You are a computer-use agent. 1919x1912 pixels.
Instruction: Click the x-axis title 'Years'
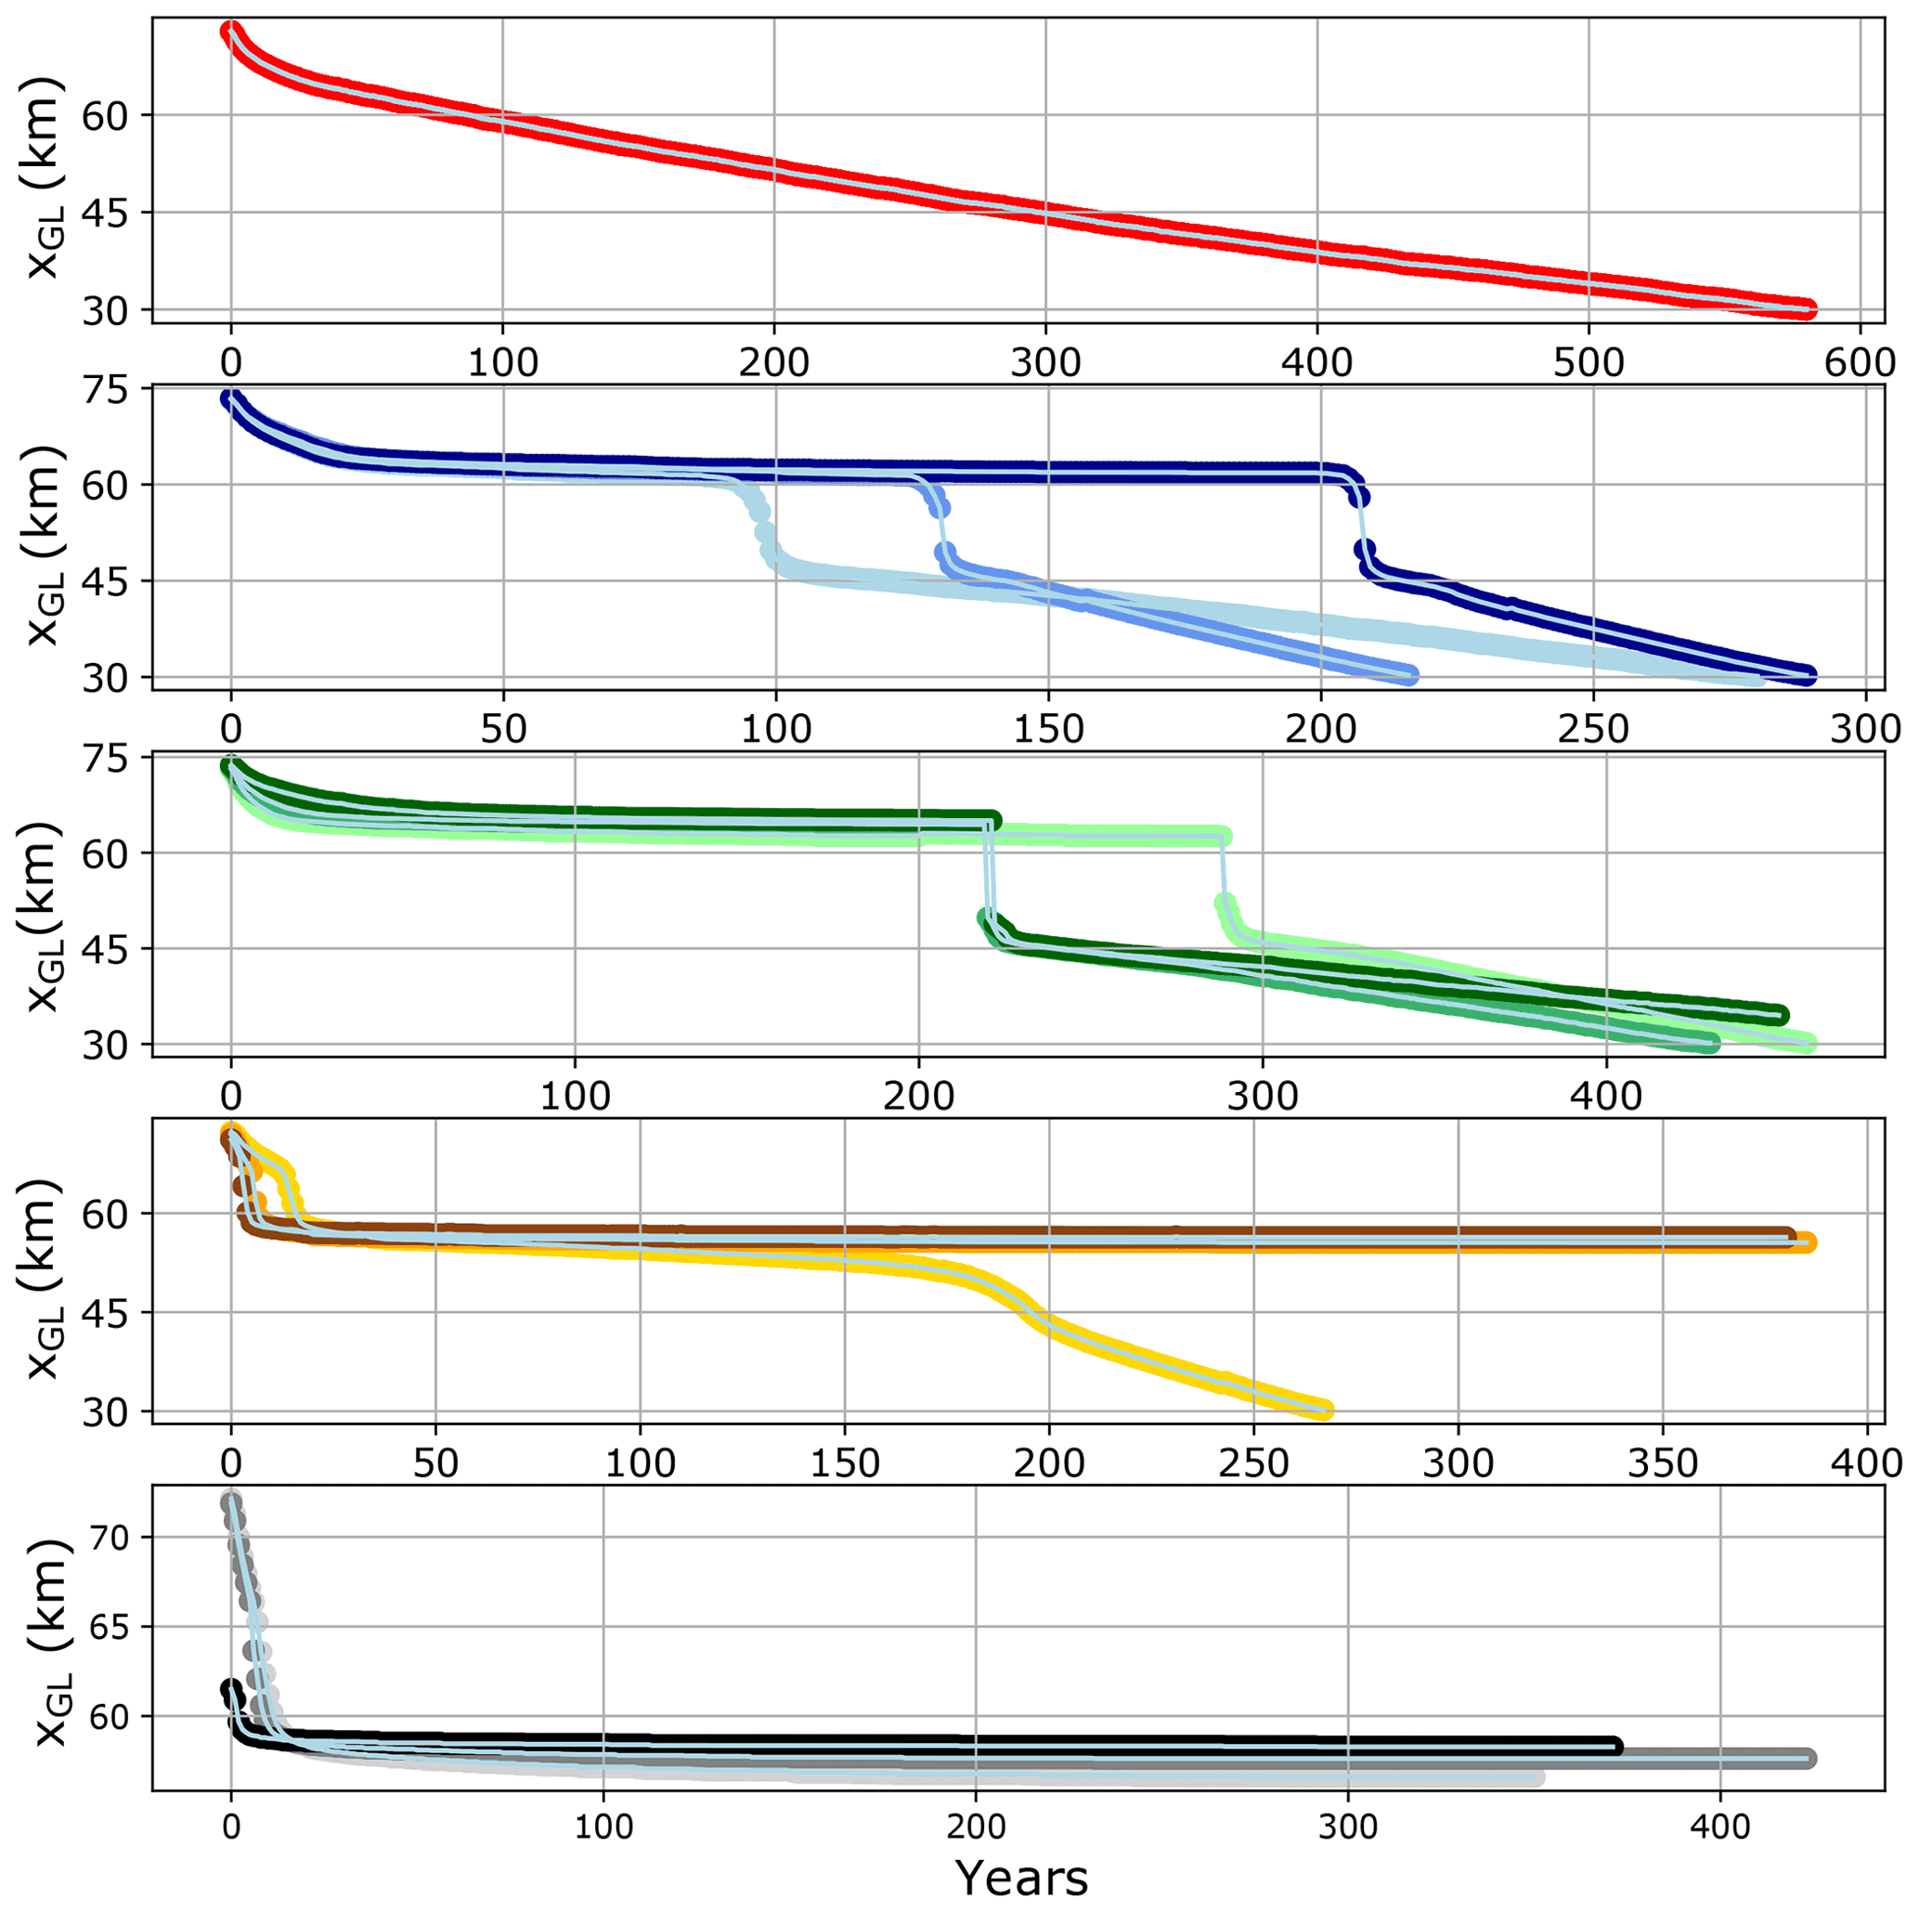point(1021,1878)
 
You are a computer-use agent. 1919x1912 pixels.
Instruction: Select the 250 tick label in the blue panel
point(1593,728)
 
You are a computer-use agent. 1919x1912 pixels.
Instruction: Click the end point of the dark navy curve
point(1808,675)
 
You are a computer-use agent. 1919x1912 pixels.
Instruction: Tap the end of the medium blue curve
point(1409,675)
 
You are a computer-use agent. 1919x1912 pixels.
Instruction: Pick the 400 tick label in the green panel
point(1606,1096)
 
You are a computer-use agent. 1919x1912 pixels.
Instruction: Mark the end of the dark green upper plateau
point(992,819)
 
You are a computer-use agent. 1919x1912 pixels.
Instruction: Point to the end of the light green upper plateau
point(1224,837)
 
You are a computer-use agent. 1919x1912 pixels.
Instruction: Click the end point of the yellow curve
point(1324,1409)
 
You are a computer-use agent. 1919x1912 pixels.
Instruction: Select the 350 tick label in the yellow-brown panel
point(1663,1463)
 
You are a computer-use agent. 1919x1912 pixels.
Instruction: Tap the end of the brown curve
point(1786,1235)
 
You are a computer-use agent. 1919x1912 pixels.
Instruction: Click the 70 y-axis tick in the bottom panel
point(109,1539)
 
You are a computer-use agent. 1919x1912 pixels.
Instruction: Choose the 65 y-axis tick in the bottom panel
point(109,1627)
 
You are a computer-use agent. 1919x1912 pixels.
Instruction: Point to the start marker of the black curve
point(230,1687)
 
